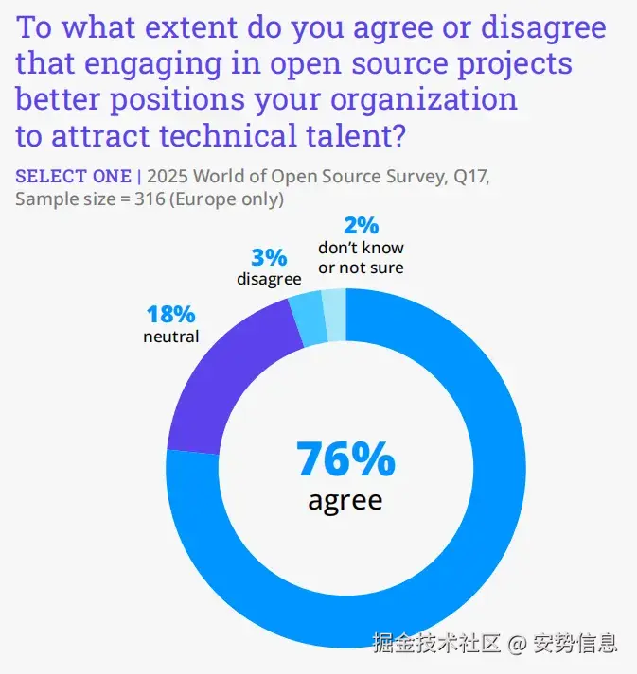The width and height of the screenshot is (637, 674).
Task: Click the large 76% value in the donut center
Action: pos(345,459)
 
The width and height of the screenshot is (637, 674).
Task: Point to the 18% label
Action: pos(170,315)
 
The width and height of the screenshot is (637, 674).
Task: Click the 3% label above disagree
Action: pos(269,257)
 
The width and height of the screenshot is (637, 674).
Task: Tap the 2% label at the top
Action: pos(361,226)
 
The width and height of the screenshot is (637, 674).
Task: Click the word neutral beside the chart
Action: pos(170,336)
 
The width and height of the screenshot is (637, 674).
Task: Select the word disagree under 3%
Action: pos(269,279)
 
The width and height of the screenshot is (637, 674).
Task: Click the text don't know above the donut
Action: pos(361,248)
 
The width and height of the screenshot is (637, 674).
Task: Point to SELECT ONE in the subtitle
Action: pos(73,177)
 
